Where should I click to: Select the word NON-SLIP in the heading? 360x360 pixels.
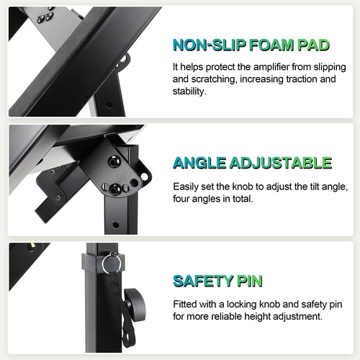(210, 45)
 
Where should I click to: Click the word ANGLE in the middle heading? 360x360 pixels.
(199, 163)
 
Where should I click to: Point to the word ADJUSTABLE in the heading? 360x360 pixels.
(281, 163)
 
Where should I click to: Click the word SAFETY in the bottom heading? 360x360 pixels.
(203, 281)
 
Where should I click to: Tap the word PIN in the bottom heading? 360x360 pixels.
(250, 281)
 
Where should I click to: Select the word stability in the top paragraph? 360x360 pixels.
(189, 91)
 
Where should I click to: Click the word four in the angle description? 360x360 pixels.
(181, 199)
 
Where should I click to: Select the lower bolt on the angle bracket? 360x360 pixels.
(114, 189)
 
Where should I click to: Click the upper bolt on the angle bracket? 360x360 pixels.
(112, 162)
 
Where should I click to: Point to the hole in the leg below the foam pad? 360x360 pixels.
(109, 105)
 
